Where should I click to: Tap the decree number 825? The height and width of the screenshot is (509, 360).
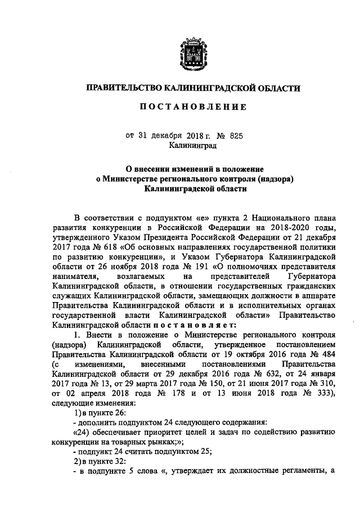[x=235, y=136]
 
